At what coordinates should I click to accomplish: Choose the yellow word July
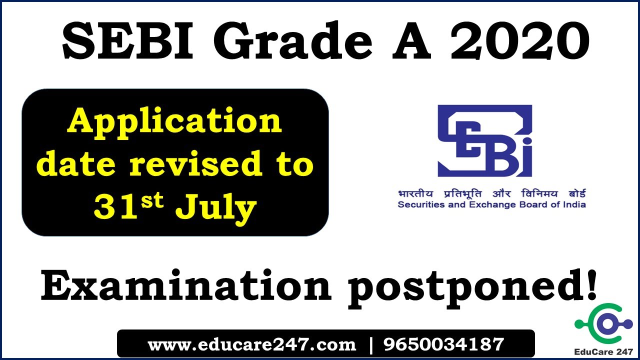[215, 208]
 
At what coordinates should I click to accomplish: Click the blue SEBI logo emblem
[484, 141]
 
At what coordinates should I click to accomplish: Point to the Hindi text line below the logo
[491, 194]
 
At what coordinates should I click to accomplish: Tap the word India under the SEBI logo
[574, 204]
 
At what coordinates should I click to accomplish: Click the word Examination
[185, 286]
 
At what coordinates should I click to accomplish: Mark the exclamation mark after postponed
[591, 284]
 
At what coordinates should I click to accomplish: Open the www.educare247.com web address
[252, 344]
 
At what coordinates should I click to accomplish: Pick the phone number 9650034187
[443, 344]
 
